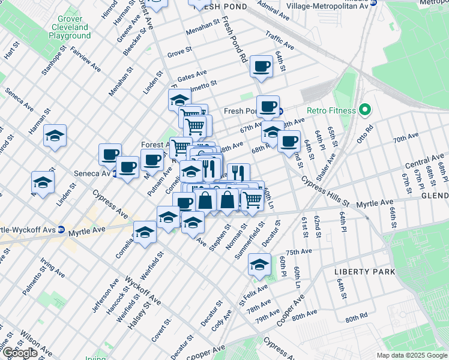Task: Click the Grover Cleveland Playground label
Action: (x=70, y=28)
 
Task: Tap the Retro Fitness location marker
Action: (x=364, y=110)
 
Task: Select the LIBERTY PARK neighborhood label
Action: (x=364, y=272)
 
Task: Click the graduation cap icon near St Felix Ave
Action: (x=259, y=264)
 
